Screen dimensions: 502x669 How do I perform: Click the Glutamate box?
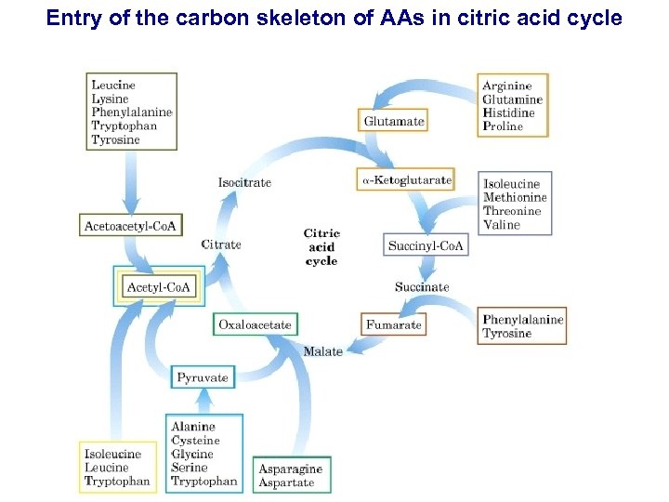point(394,121)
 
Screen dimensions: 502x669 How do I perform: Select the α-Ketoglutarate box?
point(405,179)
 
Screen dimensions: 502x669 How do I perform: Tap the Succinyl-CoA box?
point(426,246)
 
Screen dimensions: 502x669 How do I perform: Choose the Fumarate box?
point(394,324)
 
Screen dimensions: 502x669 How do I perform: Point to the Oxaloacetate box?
point(255,324)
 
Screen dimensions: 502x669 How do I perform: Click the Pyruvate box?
point(203,377)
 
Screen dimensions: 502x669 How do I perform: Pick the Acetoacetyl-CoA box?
point(132,225)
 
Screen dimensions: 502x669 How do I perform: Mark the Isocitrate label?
point(244,182)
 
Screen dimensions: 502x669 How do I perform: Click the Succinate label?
point(421,287)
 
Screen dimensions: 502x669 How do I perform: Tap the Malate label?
point(322,351)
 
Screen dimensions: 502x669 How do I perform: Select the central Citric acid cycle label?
point(321,246)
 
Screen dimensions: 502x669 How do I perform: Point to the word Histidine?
point(508,113)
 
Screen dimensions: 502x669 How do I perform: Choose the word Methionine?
point(515,197)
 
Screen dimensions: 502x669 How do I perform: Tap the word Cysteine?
point(195,441)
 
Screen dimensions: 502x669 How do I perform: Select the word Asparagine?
point(290,469)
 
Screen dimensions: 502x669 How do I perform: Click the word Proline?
point(503,126)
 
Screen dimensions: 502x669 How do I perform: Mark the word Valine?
point(502,225)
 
